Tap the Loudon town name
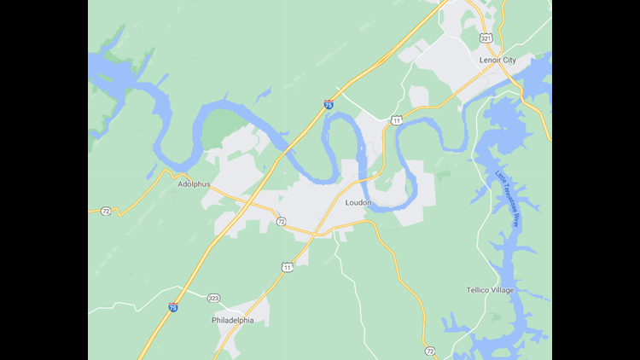pyautogui.click(x=358, y=202)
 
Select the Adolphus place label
pyautogui.click(x=194, y=183)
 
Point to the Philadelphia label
pyautogui.click(x=232, y=321)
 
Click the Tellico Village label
pyautogui.click(x=490, y=290)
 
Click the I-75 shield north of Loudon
pyautogui.click(x=329, y=104)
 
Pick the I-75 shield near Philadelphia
pyautogui.click(x=173, y=305)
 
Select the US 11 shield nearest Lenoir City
pyautogui.click(x=396, y=120)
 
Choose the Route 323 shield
pyautogui.click(x=212, y=298)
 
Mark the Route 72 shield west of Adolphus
pyautogui.click(x=106, y=210)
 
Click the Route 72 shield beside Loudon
pyautogui.click(x=281, y=221)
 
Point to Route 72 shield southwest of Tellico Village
pyautogui.click(x=429, y=351)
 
